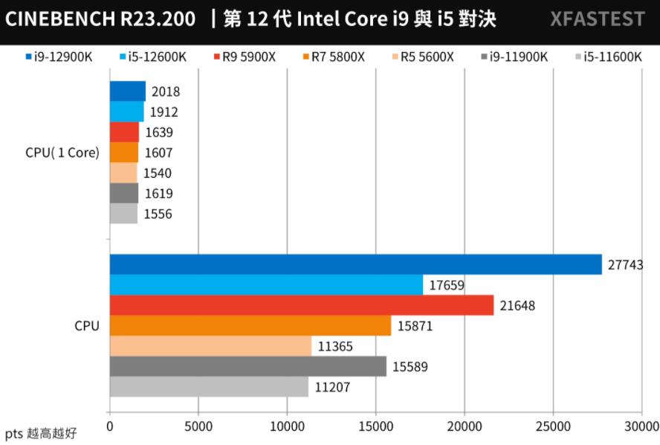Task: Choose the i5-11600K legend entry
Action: click(x=607, y=57)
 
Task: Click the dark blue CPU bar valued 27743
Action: click(x=355, y=264)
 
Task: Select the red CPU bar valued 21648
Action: click(x=301, y=305)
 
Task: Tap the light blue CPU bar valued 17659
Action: click(x=266, y=285)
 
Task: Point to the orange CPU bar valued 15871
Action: click(x=250, y=326)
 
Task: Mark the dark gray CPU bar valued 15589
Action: click(x=247, y=366)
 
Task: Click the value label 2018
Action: click(x=165, y=92)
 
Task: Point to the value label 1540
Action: click(x=158, y=173)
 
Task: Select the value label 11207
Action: click(x=332, y=387)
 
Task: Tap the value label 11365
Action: click(x=335, y=346)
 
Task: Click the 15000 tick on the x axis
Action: click(x=375, y=426)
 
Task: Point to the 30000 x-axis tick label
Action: click(x=641, y=426)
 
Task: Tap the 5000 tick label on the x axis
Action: click(x=198, y=426)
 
